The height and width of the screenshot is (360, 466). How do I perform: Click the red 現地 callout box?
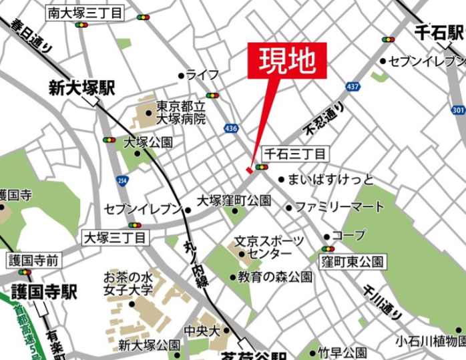coord(288,61)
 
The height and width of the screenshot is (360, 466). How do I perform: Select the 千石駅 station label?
coord(438,32)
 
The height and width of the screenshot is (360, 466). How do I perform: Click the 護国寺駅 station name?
coord(44,292)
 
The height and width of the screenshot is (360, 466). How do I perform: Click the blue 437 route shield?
coord(352,86)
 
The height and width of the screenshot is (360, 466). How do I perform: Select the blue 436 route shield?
coord(231,127)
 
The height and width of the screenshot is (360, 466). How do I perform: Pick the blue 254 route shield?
coord(122,180)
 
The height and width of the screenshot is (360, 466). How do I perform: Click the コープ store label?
coord(349,236)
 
